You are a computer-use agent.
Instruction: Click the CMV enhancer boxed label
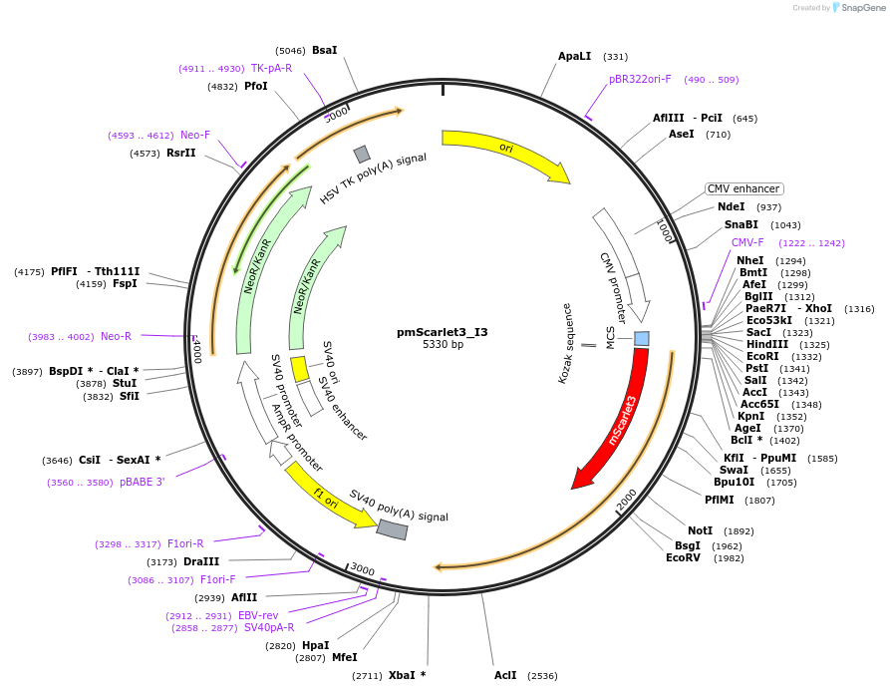743,188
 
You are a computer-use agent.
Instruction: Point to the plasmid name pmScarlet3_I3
443,332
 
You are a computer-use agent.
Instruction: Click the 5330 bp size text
443,345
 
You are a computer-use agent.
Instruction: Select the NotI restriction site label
700,530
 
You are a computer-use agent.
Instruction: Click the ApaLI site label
575,57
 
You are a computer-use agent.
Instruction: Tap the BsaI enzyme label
325,50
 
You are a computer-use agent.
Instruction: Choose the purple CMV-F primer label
747,242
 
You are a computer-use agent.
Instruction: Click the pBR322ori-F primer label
640,79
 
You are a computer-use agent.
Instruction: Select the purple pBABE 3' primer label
143,483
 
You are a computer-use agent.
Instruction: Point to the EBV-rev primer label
258,615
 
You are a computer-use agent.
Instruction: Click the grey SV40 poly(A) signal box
392,529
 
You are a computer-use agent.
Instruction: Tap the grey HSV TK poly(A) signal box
362,154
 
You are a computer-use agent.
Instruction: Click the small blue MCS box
642,339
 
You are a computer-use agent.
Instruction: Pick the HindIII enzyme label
766,345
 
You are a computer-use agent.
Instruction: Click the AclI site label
505,675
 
